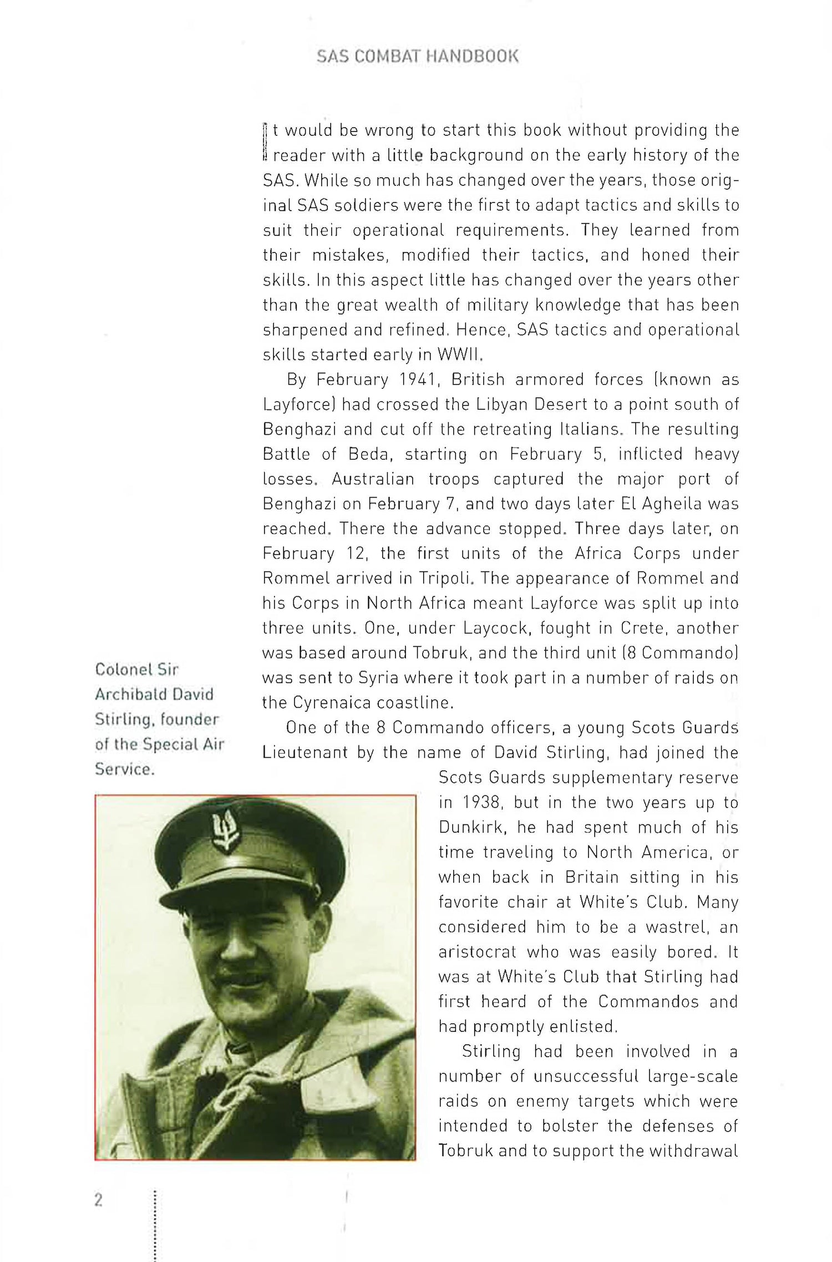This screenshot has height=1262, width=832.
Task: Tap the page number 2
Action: [x=98, y=1200]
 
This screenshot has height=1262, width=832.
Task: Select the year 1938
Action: [x=479, y=803]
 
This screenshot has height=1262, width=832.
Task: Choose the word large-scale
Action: [x=693, y=1077]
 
